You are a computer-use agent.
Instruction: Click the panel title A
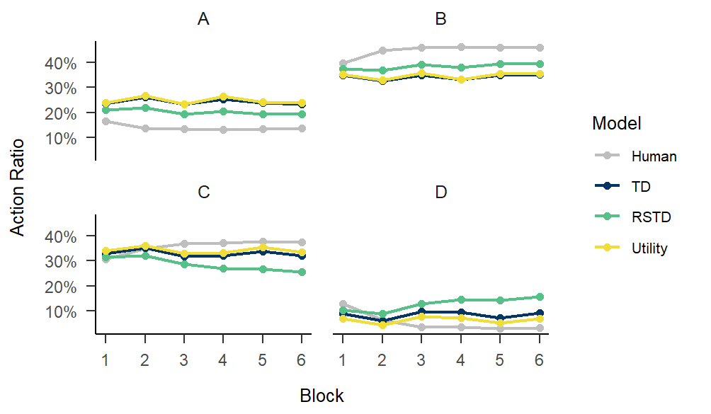coord(203,20)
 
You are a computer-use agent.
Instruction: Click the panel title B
coord(440,20)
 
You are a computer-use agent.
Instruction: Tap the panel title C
coord(203,192)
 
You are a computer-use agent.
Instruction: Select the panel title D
coord(440,192)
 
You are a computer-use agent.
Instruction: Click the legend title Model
coord(616,124)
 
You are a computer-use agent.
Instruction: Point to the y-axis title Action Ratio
coord(18,187)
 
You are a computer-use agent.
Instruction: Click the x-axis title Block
coord(322,396)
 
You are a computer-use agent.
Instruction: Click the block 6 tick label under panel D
coord(539,359)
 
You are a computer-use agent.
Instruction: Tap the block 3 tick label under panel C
coord(183,359)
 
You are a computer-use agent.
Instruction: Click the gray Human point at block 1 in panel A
coord(106,121)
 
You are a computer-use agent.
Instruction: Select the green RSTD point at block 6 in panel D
coord(539,297)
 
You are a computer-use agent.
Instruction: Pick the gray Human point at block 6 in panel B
coord(539,47)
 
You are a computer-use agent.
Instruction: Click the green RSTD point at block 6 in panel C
coord(302,272)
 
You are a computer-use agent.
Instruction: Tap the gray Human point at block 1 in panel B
coord(343,64)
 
